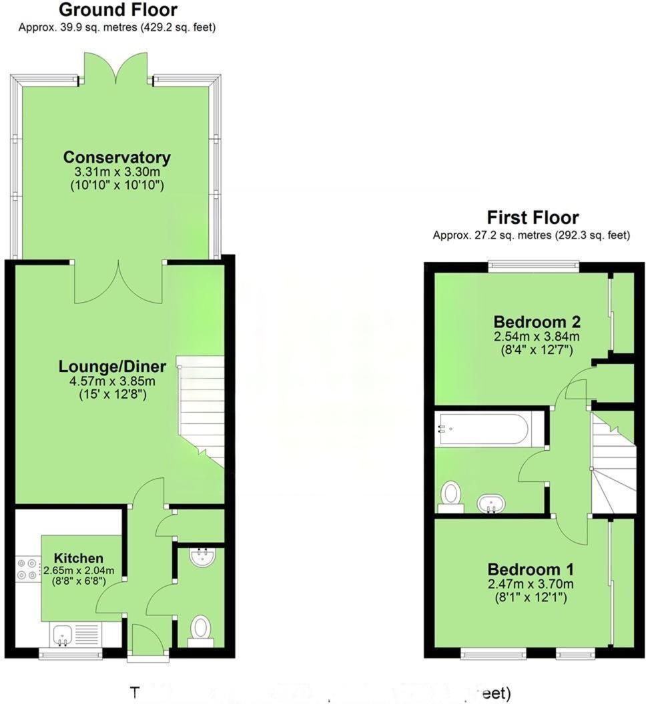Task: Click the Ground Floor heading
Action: pyautogui.click(x=118, y=10)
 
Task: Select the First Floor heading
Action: pyautogui.click(x=532, y=217)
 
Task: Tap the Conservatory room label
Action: pyautogui.click(x=117, y=158)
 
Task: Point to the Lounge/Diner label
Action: pyautogui.click(x=107, y=367)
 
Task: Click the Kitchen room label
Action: pyautogui.click(x=78, y=558)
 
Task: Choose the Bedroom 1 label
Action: pyautogui.click(x=531, y=570)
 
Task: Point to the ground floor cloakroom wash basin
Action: pyautogui.click(x=201, y=558)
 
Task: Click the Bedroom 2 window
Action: pyautogui.click(x=533, y=265)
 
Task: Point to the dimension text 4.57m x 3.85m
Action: pyautogui.click(x=107, y=381)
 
